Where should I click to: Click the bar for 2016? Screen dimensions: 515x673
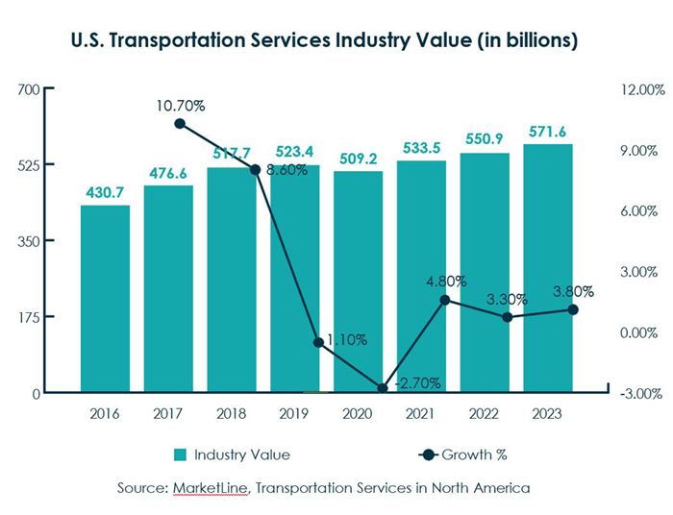click(x=105, y=299)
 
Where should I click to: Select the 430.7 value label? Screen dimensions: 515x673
click(x=105, y=192)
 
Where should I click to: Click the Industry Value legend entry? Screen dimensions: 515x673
click(x=232, y=454)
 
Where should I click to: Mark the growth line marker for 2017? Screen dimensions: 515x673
click(x=180, y=124)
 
